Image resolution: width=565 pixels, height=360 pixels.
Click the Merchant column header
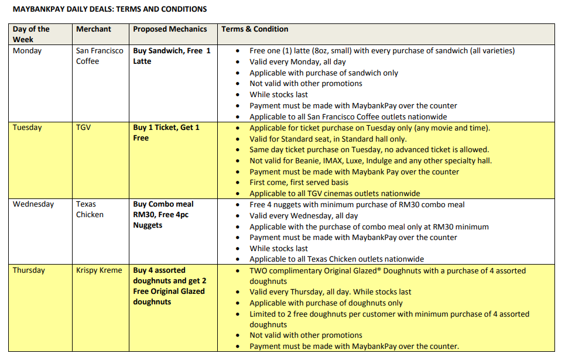click(94, 29)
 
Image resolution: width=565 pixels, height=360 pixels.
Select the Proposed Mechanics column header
click(170, 29)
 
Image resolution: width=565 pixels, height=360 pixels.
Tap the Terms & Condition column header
click(255, 29)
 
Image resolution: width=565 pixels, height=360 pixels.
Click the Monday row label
click(28, 51)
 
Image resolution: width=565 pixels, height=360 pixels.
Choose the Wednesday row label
click(33, 204)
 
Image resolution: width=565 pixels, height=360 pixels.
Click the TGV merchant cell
click(84, 128)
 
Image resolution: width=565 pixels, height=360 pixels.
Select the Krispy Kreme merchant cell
click(99, 270)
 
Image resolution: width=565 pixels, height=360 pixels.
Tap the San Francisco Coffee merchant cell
click(100, 56)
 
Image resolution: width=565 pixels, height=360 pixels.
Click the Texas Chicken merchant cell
click(90, 210)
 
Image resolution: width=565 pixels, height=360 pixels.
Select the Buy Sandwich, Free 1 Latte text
click(172, 56)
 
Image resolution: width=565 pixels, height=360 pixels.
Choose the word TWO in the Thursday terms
click(259, 271)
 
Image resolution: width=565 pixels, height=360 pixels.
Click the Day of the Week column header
click(32, 35)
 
